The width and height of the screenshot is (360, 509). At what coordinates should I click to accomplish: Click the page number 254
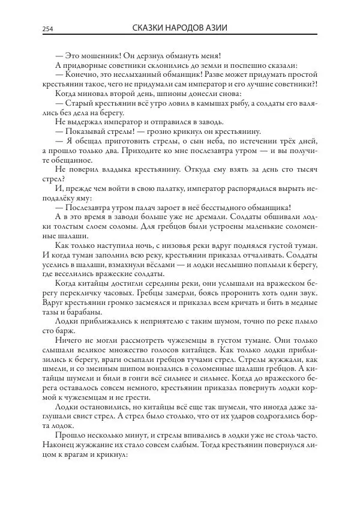tap(48, 29)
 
